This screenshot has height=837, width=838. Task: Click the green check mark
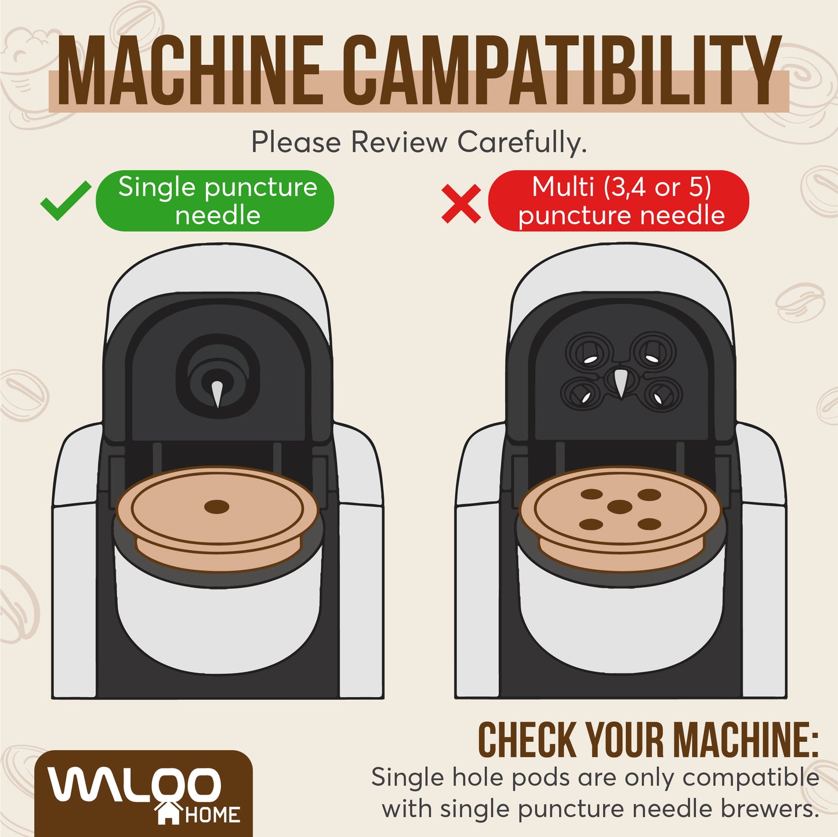tap(65, 201)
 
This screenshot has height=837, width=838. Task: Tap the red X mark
tap(461, 203)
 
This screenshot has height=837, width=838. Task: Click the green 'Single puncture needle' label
tap(215, 201)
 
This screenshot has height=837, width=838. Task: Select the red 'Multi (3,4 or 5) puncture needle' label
tap(619, 201)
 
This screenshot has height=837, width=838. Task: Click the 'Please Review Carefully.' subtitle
tap(419, 142)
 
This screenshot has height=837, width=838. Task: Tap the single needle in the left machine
tap(217, 394)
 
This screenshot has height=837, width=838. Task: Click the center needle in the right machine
tap(620, 384)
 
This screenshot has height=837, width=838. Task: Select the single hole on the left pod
tap(217, 507)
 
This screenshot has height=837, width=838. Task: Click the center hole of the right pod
tap(619, 507)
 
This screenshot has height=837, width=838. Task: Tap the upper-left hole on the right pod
tap(592, 494)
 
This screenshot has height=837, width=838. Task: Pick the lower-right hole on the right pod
tap(649, 525)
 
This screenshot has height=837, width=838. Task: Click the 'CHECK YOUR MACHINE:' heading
tap(647, 740)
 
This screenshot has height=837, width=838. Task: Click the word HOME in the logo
tap(212, 816)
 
